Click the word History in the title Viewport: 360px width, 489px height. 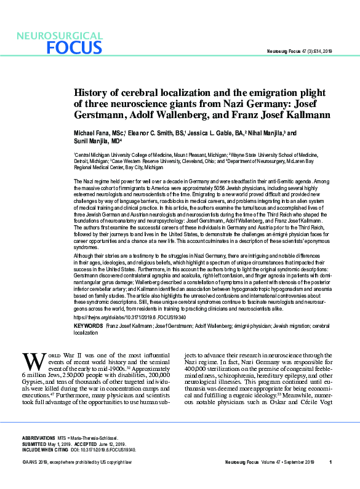click(x=89, y=92)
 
